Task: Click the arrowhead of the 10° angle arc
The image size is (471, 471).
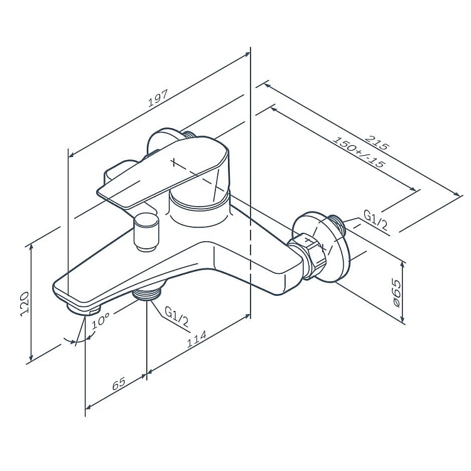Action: coord(77,341)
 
